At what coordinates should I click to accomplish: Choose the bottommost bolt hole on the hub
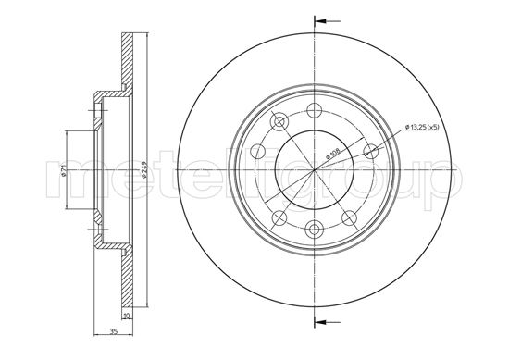click(x=315, y=232)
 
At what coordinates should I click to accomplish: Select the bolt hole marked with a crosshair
click(x=315, y=232)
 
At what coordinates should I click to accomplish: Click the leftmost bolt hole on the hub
click(x=258, y=153)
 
